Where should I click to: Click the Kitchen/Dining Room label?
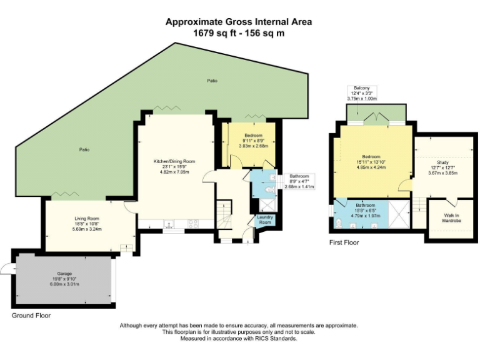tap(174, 161)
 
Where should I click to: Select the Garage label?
tap(65, 274)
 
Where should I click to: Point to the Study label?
tap(442, 162)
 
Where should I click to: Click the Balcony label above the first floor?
tap(362, 88)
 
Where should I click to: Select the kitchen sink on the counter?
tap(169, 223)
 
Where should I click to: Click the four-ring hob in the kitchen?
tap(191, 223)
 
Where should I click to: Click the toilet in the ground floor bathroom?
tap(267, 191)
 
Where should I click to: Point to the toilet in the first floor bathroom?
tap(338, 225)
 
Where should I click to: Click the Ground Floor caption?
tap(31, 316)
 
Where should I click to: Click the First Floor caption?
tap(344, 242)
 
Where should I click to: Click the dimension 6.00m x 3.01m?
tap(65, 285)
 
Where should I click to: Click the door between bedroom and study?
tap(406, 185)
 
